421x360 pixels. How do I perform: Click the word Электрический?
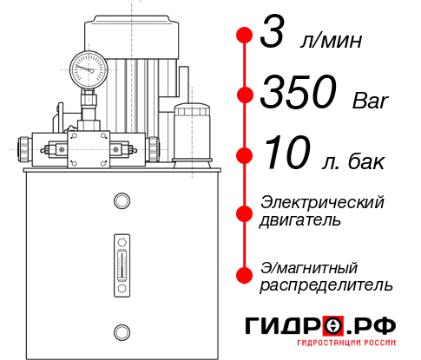click(322, 202)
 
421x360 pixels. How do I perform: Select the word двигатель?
click(301, 220)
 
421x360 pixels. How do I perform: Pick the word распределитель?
click(326, 285)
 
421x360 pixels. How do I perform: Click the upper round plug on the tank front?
click(121, 201)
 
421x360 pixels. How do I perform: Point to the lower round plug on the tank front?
click(121, 330)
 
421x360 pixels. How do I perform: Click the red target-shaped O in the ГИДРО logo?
click(332, 326)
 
